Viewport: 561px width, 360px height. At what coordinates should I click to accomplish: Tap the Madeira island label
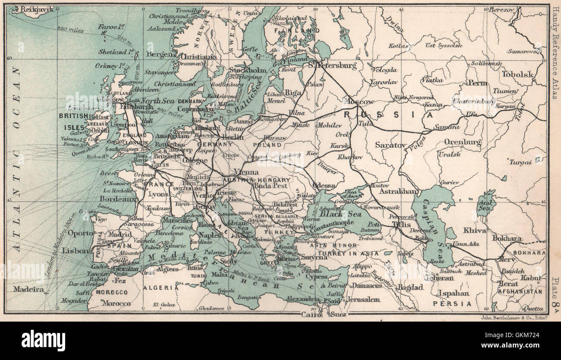click(28, 289)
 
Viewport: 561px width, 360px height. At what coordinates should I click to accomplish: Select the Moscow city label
click(358, 102)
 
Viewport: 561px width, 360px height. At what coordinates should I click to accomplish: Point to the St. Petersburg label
click(332, 66)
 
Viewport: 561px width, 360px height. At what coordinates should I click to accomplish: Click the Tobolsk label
click(517, 74)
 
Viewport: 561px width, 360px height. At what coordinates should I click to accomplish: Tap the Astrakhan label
click(397, 191)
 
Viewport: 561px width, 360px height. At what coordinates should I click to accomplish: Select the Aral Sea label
click(486, 205)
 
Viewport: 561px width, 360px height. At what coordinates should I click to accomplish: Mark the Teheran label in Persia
click(438, 278)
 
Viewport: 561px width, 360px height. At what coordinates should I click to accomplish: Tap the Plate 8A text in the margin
click(555, 294)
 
